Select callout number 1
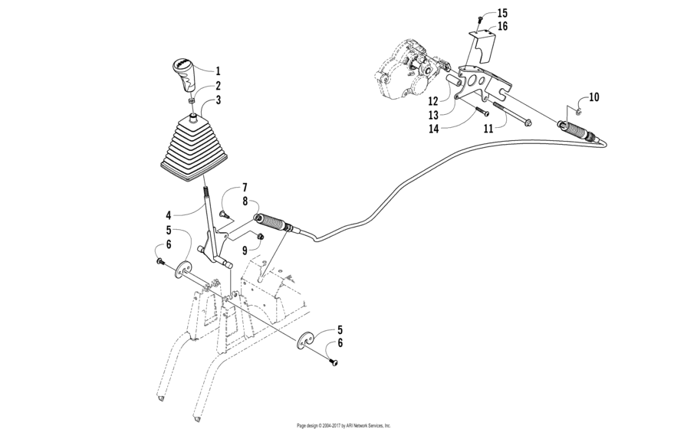[218, 70]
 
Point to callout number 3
[218, 100]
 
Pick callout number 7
[245, 188]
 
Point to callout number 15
[523, 13]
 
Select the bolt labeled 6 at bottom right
[334, 362]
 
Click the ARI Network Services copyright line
[343, 424]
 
